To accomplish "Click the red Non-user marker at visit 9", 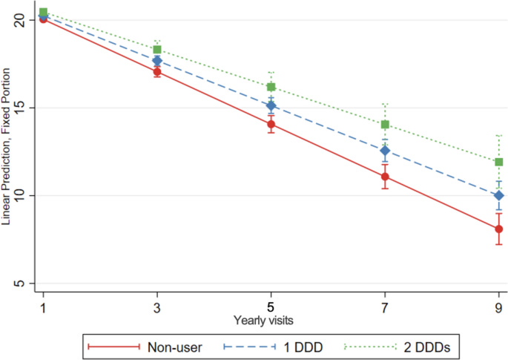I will tap(499, 229).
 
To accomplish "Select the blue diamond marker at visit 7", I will tap(385, 151).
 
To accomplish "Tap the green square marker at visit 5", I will tap(271, 87).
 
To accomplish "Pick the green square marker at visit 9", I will tap(499, 162).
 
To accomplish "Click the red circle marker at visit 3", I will tap(157, 72).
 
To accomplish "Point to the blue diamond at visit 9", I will tap(499, 196).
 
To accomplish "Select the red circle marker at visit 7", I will tap(385, 177).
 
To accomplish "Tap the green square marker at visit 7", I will tap(385, 125).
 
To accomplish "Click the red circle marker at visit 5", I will tap(271, 124).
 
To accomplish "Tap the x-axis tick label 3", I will tap(157, 307).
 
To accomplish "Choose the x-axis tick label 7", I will tap(385, 307).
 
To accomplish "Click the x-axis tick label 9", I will tap(499, 307).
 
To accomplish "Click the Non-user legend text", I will tap(171, 346).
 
